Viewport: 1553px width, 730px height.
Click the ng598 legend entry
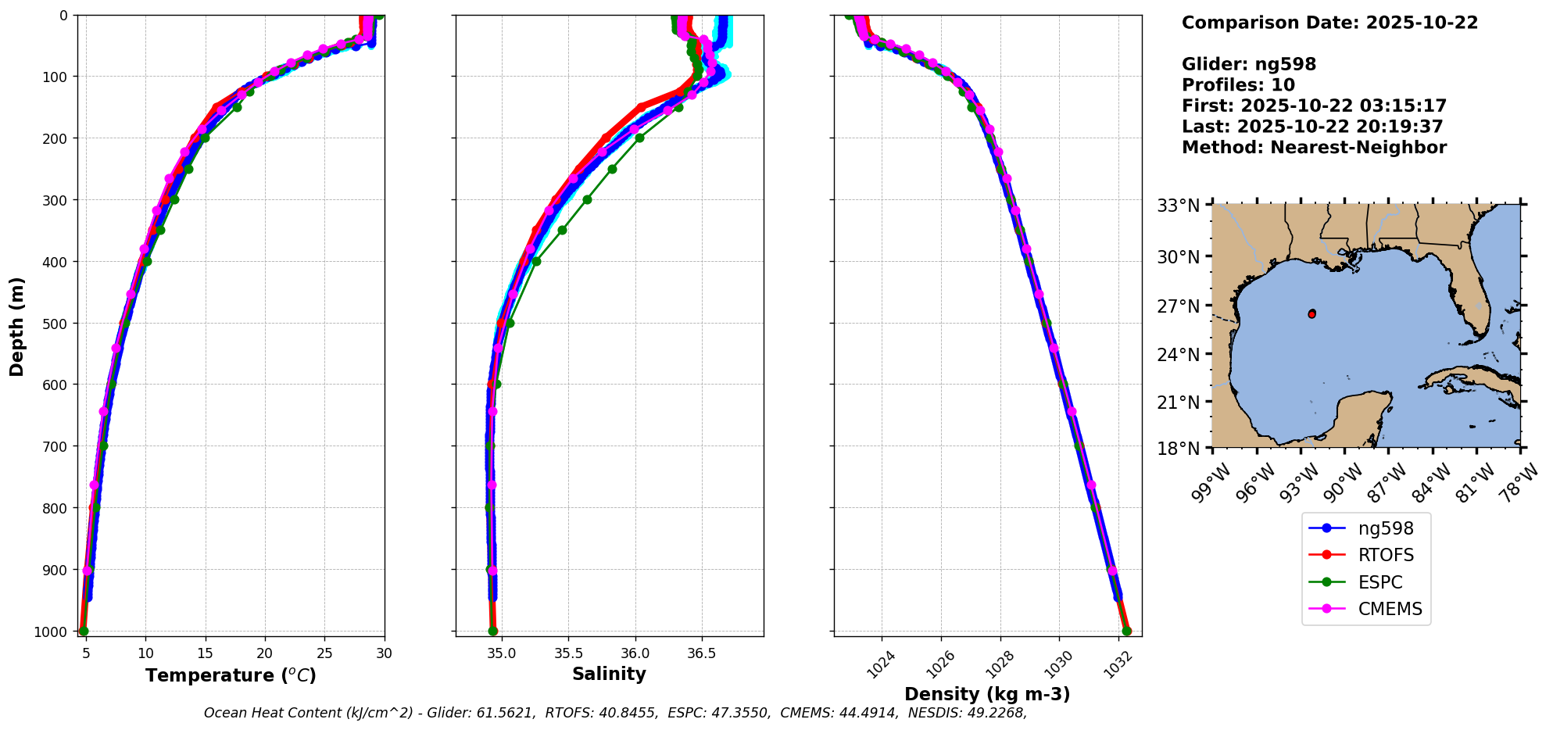[1385, 528]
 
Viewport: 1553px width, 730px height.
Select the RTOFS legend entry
[1385, 556]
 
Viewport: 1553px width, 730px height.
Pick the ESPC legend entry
[1379, 582]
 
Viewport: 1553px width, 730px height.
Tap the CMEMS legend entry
[1390, 610]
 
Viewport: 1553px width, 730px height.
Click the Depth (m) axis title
[17, 326]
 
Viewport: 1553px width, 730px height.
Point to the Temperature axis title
[231, 675]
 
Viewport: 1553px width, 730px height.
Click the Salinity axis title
[609, 675]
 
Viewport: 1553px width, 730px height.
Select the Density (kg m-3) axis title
[987, 694]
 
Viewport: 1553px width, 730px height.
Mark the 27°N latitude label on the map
[1178, 306]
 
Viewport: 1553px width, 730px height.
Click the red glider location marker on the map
[1311, 313]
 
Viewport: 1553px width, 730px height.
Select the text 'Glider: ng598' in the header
[1248, 64]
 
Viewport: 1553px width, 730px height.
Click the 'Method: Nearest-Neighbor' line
[1314, 148]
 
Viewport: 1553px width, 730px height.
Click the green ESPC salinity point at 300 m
[587, 199]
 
